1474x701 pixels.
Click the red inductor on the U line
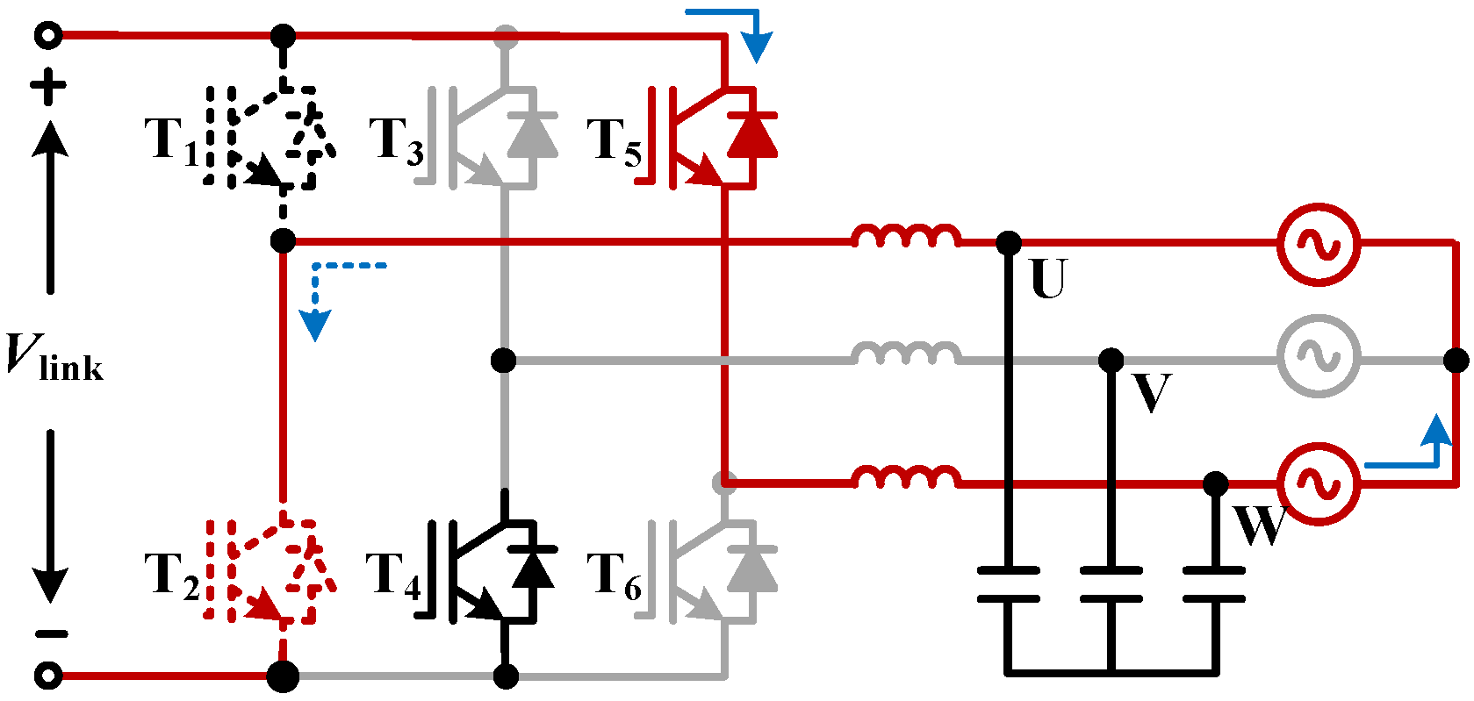click(x=905, y=235)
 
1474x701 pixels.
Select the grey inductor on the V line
click(x=905, y=354)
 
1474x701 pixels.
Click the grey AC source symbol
click(x=1319, y=356)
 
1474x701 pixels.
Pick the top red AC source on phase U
click(x=1319, y=244)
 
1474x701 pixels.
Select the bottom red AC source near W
click(x=1319, y=483)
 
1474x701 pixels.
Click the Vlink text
click(x=54, y=359)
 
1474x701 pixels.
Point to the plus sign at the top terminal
click(x=48, y=87)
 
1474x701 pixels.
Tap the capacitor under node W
click(x=1214, y=584)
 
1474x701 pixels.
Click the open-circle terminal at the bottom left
click(x=48, y=676)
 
